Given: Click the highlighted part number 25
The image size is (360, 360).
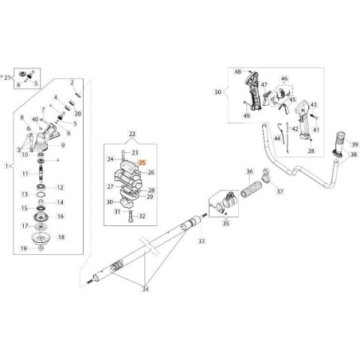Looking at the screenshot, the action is tap(143, 162).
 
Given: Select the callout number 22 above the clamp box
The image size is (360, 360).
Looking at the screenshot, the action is tap(132, 134).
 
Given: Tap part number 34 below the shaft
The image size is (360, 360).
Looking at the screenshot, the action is tap(145, 289).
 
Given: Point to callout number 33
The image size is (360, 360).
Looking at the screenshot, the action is tap(202, 241).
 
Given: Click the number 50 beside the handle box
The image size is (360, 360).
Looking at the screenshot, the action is tap(217, 92).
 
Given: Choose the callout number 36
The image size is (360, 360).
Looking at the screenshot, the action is tap(249, 171).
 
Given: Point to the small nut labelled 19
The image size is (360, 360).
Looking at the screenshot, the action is tap(41, 248).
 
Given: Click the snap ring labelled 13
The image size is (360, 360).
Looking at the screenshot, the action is tap(41, 195).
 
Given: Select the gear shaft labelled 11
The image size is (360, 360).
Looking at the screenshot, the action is tap(41, 173).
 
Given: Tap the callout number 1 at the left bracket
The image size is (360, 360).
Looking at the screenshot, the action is tap(6, 166).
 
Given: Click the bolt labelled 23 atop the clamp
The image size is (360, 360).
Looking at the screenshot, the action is tap(123, 154).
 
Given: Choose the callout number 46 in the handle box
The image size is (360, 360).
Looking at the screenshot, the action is tap(284, 79).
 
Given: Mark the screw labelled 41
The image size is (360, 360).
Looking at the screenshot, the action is tap(314, 116).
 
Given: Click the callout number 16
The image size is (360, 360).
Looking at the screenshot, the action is tap(61, 217).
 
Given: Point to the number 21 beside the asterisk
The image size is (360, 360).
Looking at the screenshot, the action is tap(7, 77).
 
